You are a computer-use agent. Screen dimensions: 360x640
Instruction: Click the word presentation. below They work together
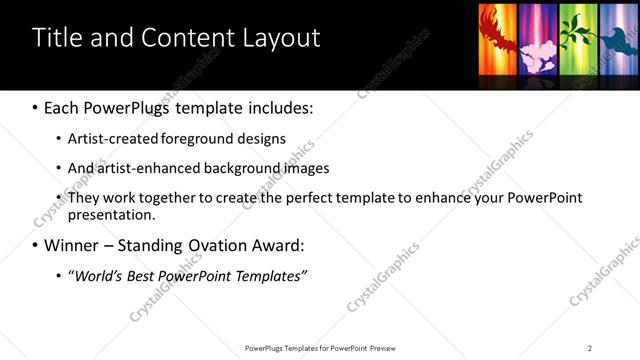tap(111, 215)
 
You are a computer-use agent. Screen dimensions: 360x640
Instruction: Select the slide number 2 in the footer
tap(590, 348)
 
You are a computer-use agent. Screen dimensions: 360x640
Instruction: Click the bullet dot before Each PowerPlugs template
tap(35, 107)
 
